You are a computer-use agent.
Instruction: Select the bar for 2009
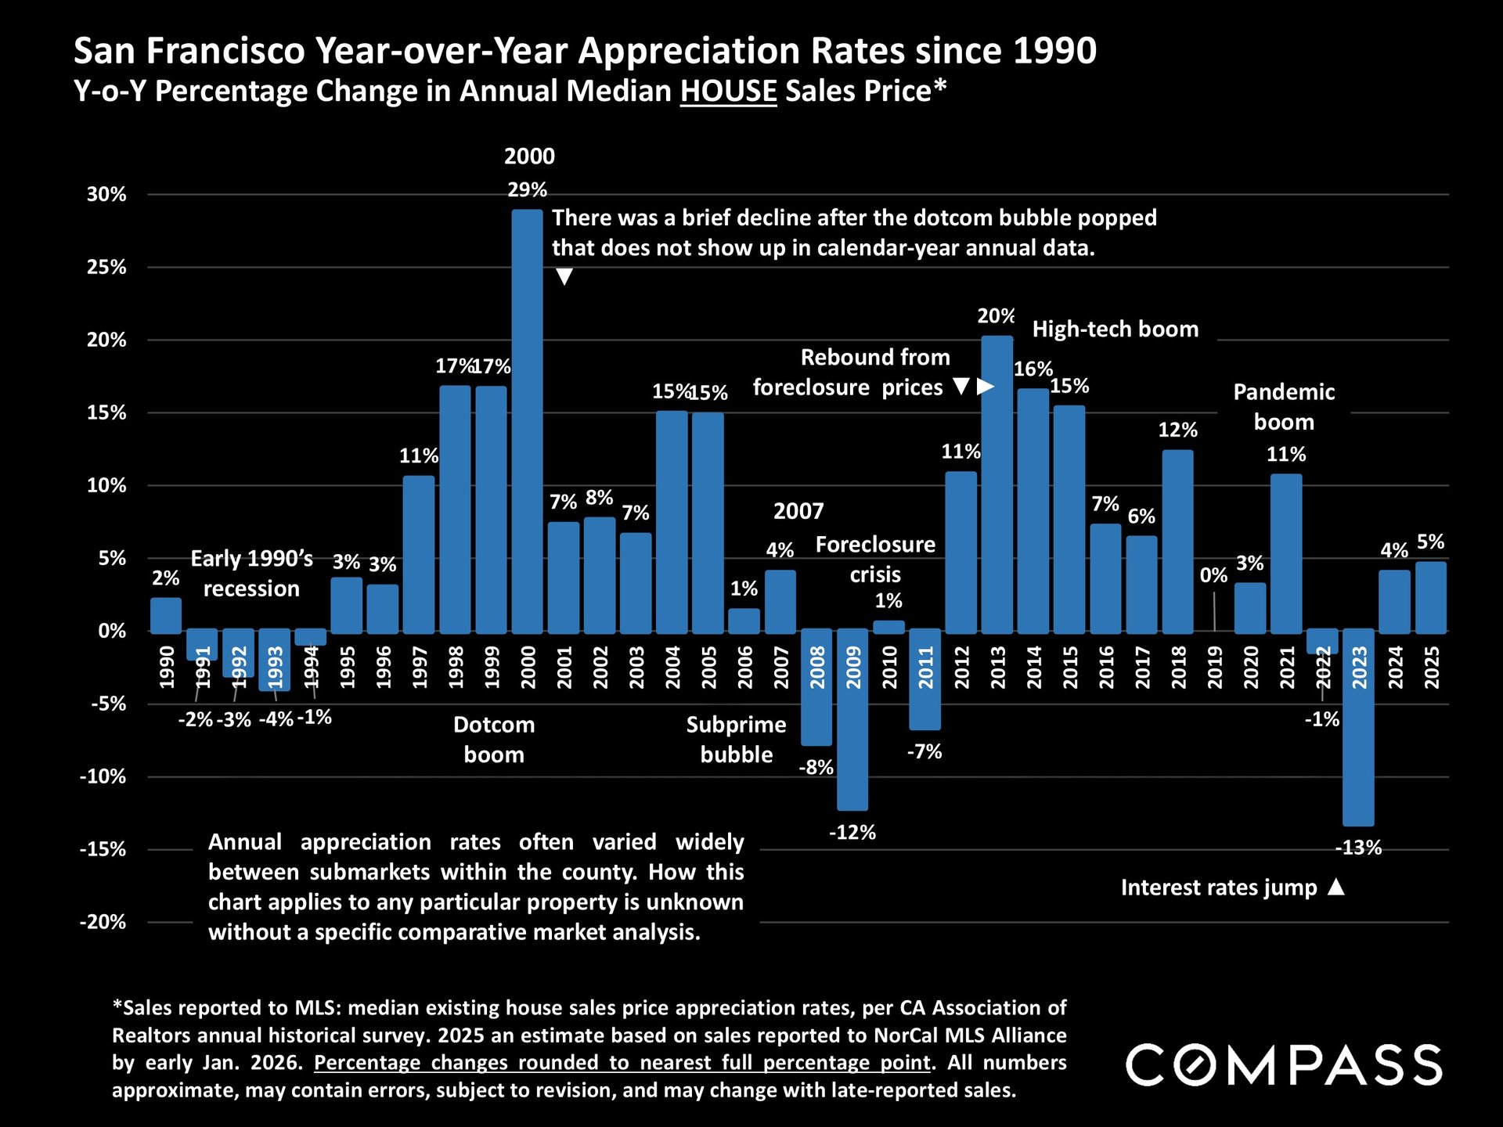(x=852, y=720)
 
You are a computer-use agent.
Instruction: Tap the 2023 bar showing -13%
(x=1358, y=728)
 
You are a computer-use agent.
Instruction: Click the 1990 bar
(x=166, y=615)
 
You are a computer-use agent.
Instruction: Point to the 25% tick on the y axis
(x=106, y=268)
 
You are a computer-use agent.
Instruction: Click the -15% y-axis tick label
(x=103, y=850)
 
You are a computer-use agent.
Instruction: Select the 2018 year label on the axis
(x=1178, y=668)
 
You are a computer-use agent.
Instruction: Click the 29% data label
(x=527, y=190)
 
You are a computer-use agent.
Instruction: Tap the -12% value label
(x=852, y=833)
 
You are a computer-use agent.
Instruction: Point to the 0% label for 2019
(x=1213, y=576)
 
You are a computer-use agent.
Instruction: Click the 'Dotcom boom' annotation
(x=494, y=740)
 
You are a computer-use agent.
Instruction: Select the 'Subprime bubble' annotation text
(x=736, y=740)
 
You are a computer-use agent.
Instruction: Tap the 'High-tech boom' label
(x=1116, y=329)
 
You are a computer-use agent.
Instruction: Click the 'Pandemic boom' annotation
(x=1284, y=407)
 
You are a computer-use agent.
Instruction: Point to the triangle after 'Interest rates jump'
(x=1337, y=888)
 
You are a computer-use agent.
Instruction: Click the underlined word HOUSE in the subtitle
(x=728, y=92)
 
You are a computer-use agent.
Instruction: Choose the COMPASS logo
(x=1284, y=1065)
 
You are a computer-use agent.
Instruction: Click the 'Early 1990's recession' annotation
(x=251, y=574)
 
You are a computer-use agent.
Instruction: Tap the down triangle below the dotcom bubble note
(x=564, y=276)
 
